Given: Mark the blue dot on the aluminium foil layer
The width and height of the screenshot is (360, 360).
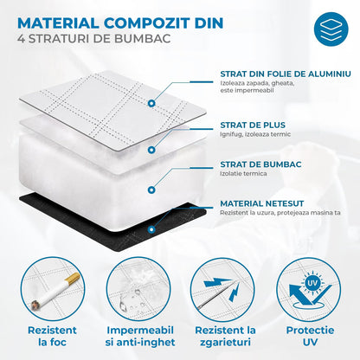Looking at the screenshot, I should click(151, 102).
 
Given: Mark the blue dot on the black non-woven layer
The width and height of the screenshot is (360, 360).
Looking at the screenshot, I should click(152, 230).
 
